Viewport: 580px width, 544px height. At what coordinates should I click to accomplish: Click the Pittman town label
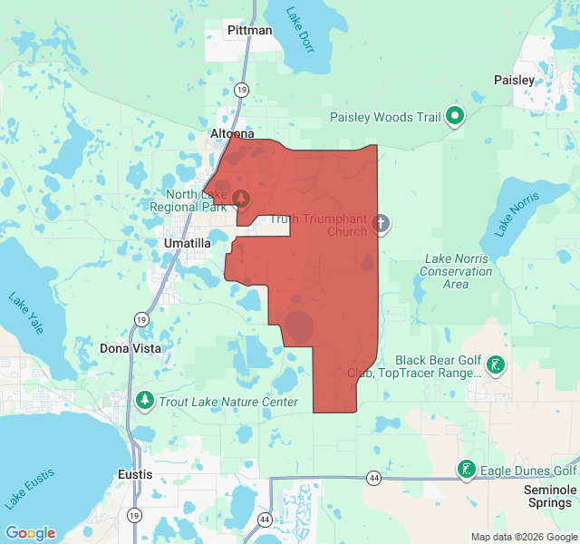tap(249, 31)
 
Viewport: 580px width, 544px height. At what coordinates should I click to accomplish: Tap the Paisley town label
tap(514, 80)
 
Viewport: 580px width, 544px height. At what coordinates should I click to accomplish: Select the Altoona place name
tap(234, 133)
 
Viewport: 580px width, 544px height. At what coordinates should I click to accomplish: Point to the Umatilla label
tap(188, 244)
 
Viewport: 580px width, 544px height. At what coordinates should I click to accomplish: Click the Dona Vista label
tap(130, 348)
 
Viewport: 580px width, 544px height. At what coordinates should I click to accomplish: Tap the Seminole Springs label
tap(549, 496)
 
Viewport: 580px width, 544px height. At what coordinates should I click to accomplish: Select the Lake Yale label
tap(24, 312)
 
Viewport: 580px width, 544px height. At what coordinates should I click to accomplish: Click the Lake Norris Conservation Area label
tap(457, 271)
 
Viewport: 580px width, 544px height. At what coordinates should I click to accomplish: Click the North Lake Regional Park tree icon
tap(241, 197)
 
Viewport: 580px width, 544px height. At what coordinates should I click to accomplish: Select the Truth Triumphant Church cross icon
tap(382, 223)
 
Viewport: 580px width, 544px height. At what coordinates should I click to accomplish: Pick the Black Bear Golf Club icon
tap(496, 365)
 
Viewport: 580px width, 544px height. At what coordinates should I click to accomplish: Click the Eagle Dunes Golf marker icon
tap(466, 470)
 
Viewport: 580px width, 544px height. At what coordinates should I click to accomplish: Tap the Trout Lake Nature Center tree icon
tap(145, 400)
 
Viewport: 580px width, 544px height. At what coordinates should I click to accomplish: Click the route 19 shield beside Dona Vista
tap(140, 319)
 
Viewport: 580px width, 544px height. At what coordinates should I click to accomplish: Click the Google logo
tap(30, 533)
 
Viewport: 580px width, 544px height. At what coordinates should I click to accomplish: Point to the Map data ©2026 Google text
tap(523, 537)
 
